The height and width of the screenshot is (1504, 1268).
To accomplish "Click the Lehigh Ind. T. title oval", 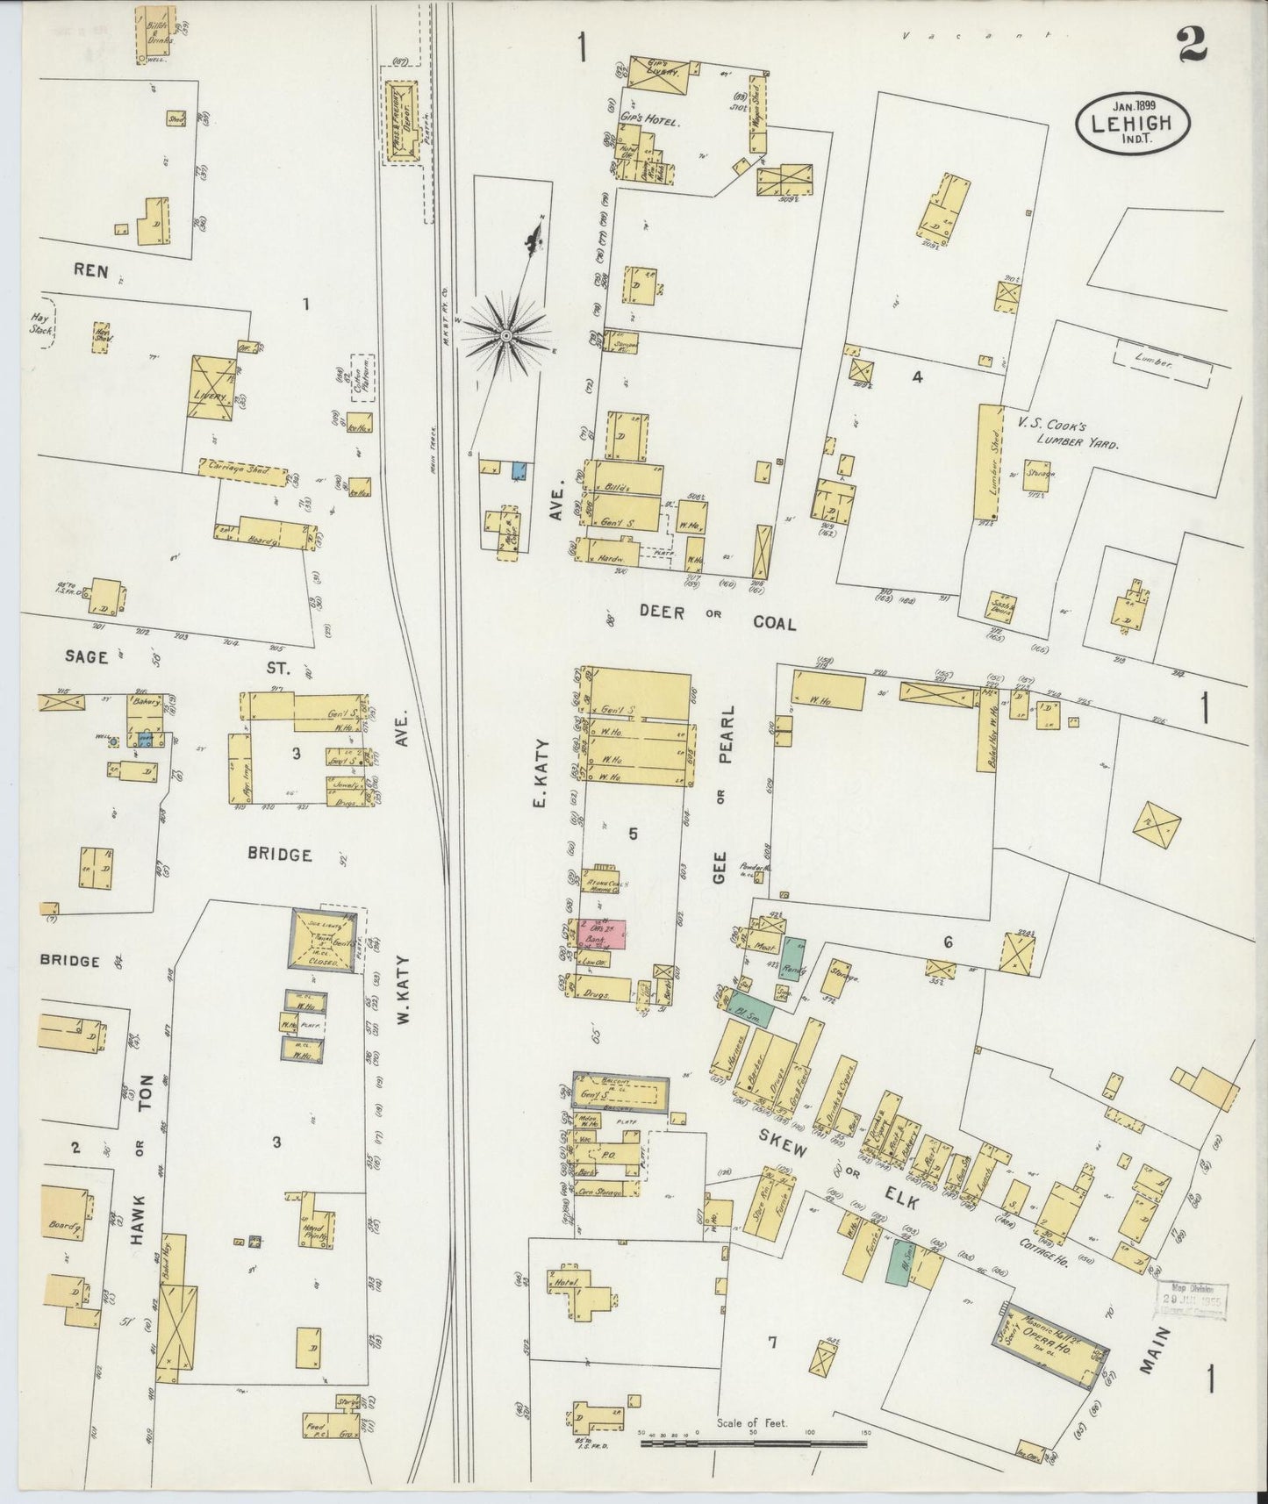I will pyautogui.click(x=1134, y=124).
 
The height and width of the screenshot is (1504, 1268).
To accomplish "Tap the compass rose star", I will pyautogui.click(x=506, y=336).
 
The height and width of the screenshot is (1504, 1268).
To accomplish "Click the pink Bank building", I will pyautogui.click(x=601, y=934).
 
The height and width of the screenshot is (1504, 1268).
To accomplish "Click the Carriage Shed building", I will pyautogui.click(x=244, y=470).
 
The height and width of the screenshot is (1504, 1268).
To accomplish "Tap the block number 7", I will pyautogui.click(x=771, y=1343).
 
